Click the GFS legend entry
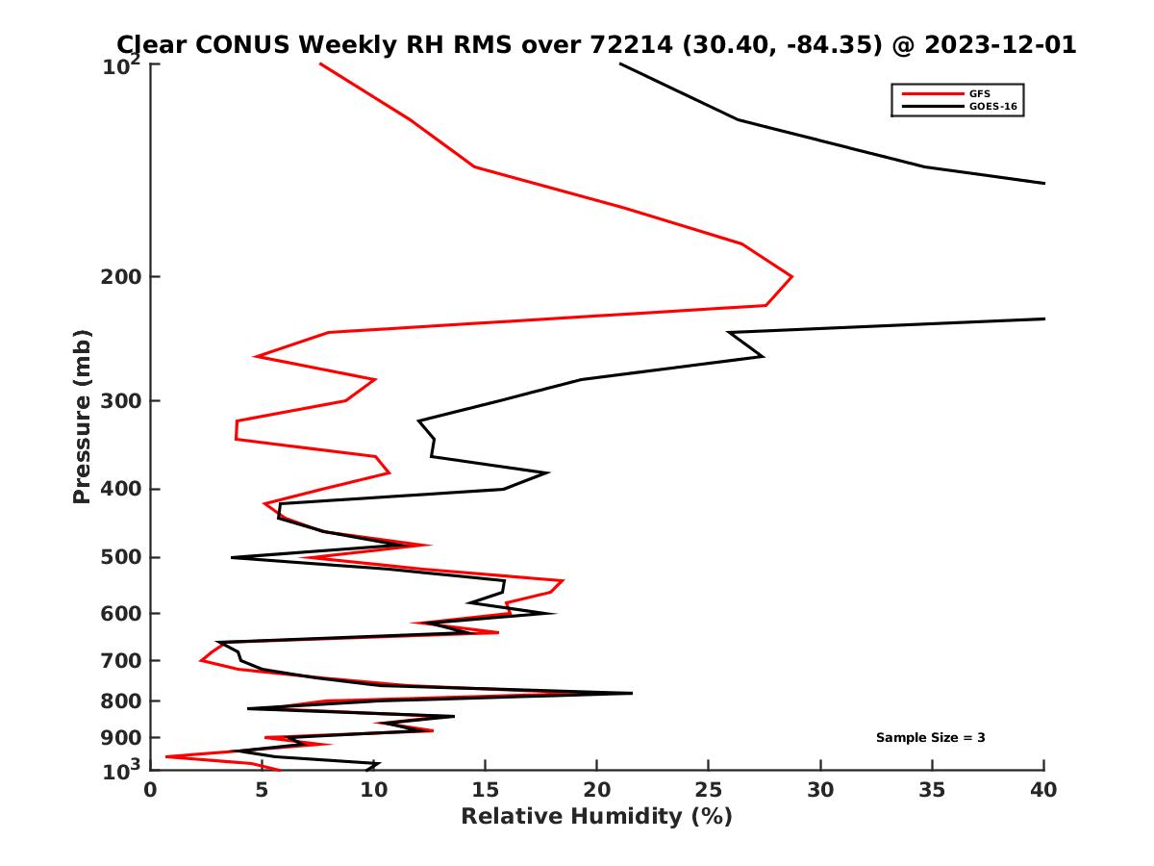pos(978,93)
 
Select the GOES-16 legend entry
pos(991,106)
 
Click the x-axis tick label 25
pos(709,790)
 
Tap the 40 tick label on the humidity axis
pos(1043,790)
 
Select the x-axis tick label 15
pos(486,790)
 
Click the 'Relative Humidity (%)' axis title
pos(596,817)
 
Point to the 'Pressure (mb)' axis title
pos(82,416)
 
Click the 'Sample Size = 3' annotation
pos(930,737)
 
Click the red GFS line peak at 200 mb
pos(791,277)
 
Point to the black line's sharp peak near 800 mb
pos(631,693)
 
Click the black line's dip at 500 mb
pos(232,557)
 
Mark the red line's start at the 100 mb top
pos(320,64)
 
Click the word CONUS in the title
pos(246,44)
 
